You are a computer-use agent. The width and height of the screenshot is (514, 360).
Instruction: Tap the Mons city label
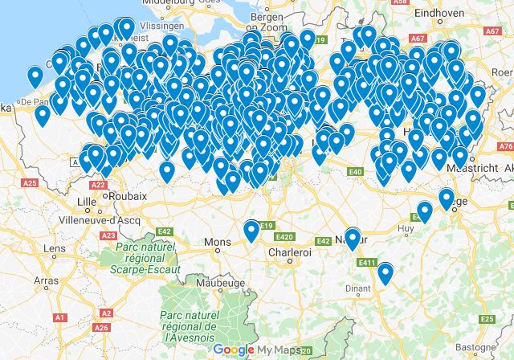click(218, 242)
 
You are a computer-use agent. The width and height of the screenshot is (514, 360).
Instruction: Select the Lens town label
click(55, 249)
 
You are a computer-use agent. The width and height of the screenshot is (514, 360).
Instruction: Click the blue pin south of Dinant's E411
click(385, 274)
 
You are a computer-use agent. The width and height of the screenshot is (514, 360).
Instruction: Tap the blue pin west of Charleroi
click(251, 231)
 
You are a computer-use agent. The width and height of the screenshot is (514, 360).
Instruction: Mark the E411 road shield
click(369, 262)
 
